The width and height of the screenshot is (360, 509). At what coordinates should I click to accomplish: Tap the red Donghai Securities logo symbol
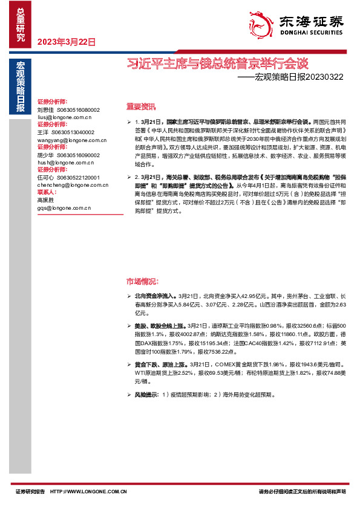pos(260,22)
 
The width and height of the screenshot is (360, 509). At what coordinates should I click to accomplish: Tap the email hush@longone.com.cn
pos(65,162)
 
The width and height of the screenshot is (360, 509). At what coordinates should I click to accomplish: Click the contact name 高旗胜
pos(46,200)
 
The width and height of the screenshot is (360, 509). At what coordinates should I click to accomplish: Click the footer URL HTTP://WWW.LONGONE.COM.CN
pos(89,491)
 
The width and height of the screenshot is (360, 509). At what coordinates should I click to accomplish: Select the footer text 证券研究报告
pos(30,491)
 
